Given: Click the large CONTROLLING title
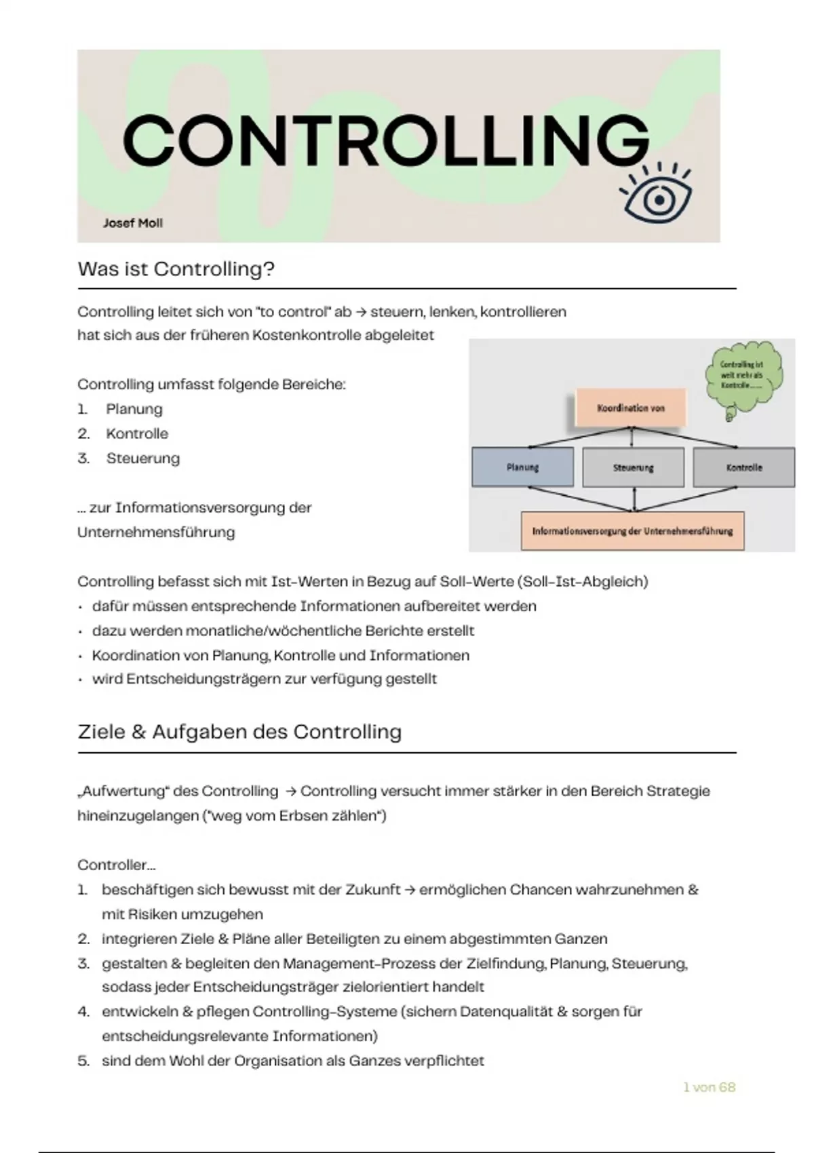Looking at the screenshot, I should [x=385, y=140].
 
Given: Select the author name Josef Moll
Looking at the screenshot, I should [x=132, y=223].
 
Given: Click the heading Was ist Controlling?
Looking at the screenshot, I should [x=176, y=269].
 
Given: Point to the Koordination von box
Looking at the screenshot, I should [x=630, y=408].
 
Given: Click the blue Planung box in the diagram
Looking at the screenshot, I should [x=522, y=467].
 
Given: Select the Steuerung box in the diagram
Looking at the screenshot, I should [x=633, y=467].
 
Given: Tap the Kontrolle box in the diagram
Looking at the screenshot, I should [x=743, y=467].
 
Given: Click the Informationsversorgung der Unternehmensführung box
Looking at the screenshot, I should [x=632, y=531].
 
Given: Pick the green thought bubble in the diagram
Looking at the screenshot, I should [x=743, y=376].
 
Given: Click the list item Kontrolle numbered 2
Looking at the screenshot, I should [x=137, y=434].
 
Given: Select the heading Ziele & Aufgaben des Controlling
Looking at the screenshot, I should [x=239, y=732].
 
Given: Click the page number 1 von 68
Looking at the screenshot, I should [x=709, y=1087].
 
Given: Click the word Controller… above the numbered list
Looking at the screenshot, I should [x=116, y=865].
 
